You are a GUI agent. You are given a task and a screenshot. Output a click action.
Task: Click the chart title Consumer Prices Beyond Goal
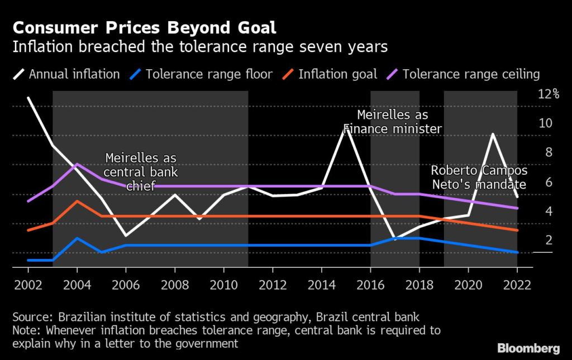coord(144,27)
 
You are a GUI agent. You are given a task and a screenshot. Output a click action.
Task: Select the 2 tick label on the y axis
coord(548,240)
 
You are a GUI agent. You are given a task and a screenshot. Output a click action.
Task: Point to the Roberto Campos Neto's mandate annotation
coord(479,177)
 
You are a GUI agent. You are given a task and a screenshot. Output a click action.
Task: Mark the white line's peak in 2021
coord(493,134)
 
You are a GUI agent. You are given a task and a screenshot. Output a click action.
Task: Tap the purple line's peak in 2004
coord(77,164)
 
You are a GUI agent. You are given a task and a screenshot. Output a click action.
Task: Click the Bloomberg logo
coord(528,348)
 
